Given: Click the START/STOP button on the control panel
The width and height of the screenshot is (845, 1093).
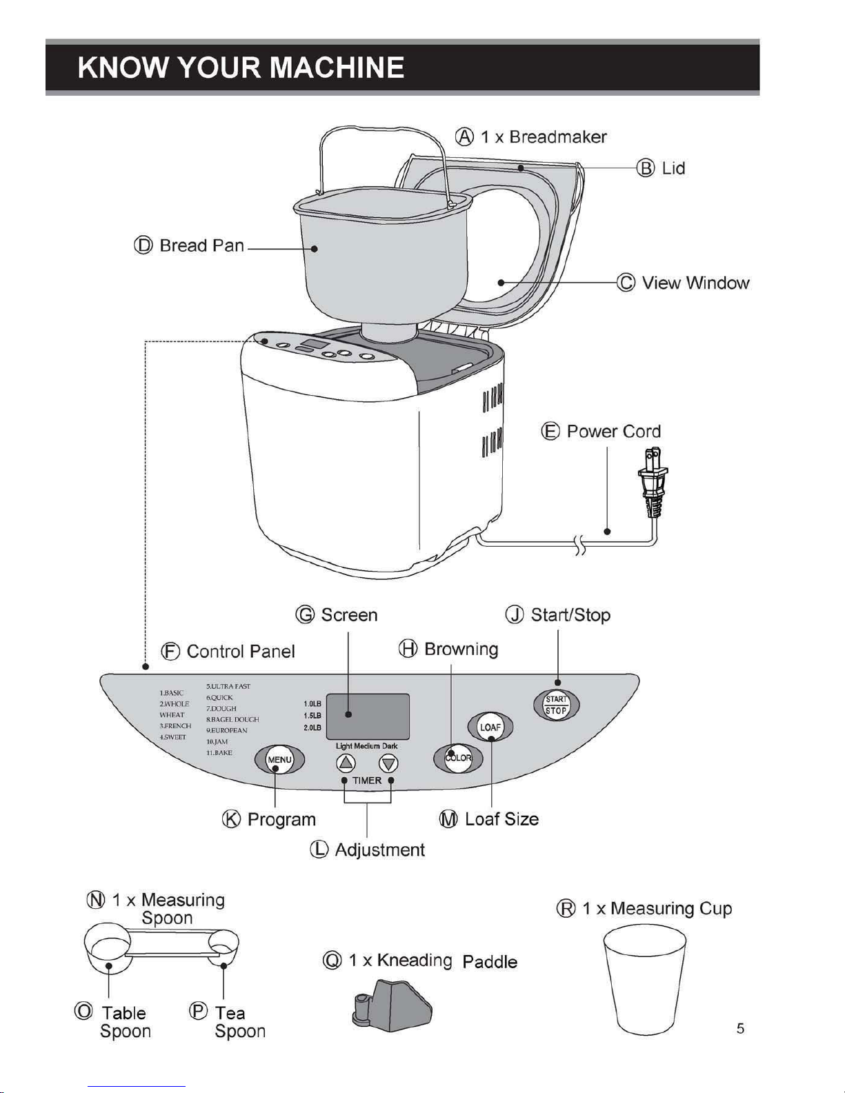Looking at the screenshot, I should [x=556, y=705].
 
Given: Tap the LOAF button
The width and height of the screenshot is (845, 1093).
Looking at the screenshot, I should [x=490, y=728].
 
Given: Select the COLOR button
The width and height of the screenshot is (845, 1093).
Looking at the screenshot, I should [x=458, y=758].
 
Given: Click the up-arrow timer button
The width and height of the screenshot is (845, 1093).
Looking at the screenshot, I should [x=346, y=763].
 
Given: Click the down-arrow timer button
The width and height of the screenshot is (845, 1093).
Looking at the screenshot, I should [x=389, y=763].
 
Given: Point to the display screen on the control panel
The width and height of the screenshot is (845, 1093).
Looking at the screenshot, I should [x=368, y=716].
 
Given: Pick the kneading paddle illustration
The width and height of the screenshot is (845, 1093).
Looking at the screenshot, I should [x=392, y=1005].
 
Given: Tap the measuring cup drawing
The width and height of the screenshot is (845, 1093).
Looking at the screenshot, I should [x=644, y=979].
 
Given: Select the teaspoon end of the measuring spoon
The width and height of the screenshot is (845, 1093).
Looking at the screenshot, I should [x=225, y=943].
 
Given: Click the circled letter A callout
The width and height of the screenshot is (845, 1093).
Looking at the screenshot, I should [x=465, y=137].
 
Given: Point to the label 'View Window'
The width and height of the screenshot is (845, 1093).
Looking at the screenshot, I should [x=695, y=283].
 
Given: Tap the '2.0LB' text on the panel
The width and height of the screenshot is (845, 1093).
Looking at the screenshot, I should [x=312, y=728].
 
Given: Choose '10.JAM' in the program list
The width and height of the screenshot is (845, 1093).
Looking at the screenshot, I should [x=217, y=741].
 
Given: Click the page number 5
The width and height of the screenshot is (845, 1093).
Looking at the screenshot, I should [x=740, y=1028].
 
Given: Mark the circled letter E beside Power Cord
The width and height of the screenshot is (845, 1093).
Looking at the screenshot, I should [x=550, y=432].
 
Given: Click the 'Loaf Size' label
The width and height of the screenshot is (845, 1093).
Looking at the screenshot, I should [x=501, y=819].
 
